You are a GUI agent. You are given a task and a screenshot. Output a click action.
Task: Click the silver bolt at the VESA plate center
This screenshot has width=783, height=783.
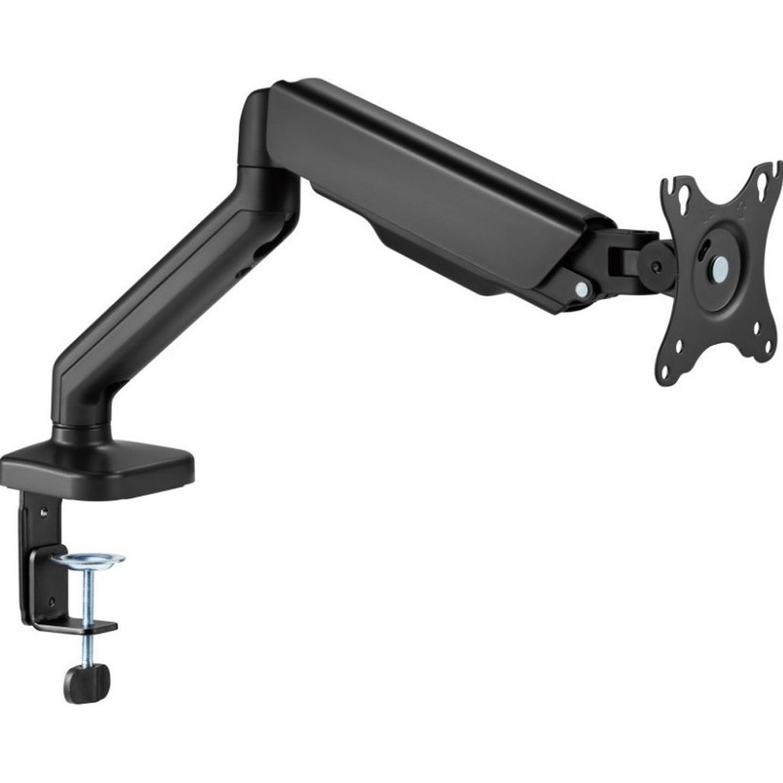719,267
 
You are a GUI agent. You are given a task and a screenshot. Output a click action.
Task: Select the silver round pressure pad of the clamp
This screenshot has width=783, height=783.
88,561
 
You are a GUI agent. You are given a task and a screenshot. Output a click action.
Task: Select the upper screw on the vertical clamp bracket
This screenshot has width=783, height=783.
43,512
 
